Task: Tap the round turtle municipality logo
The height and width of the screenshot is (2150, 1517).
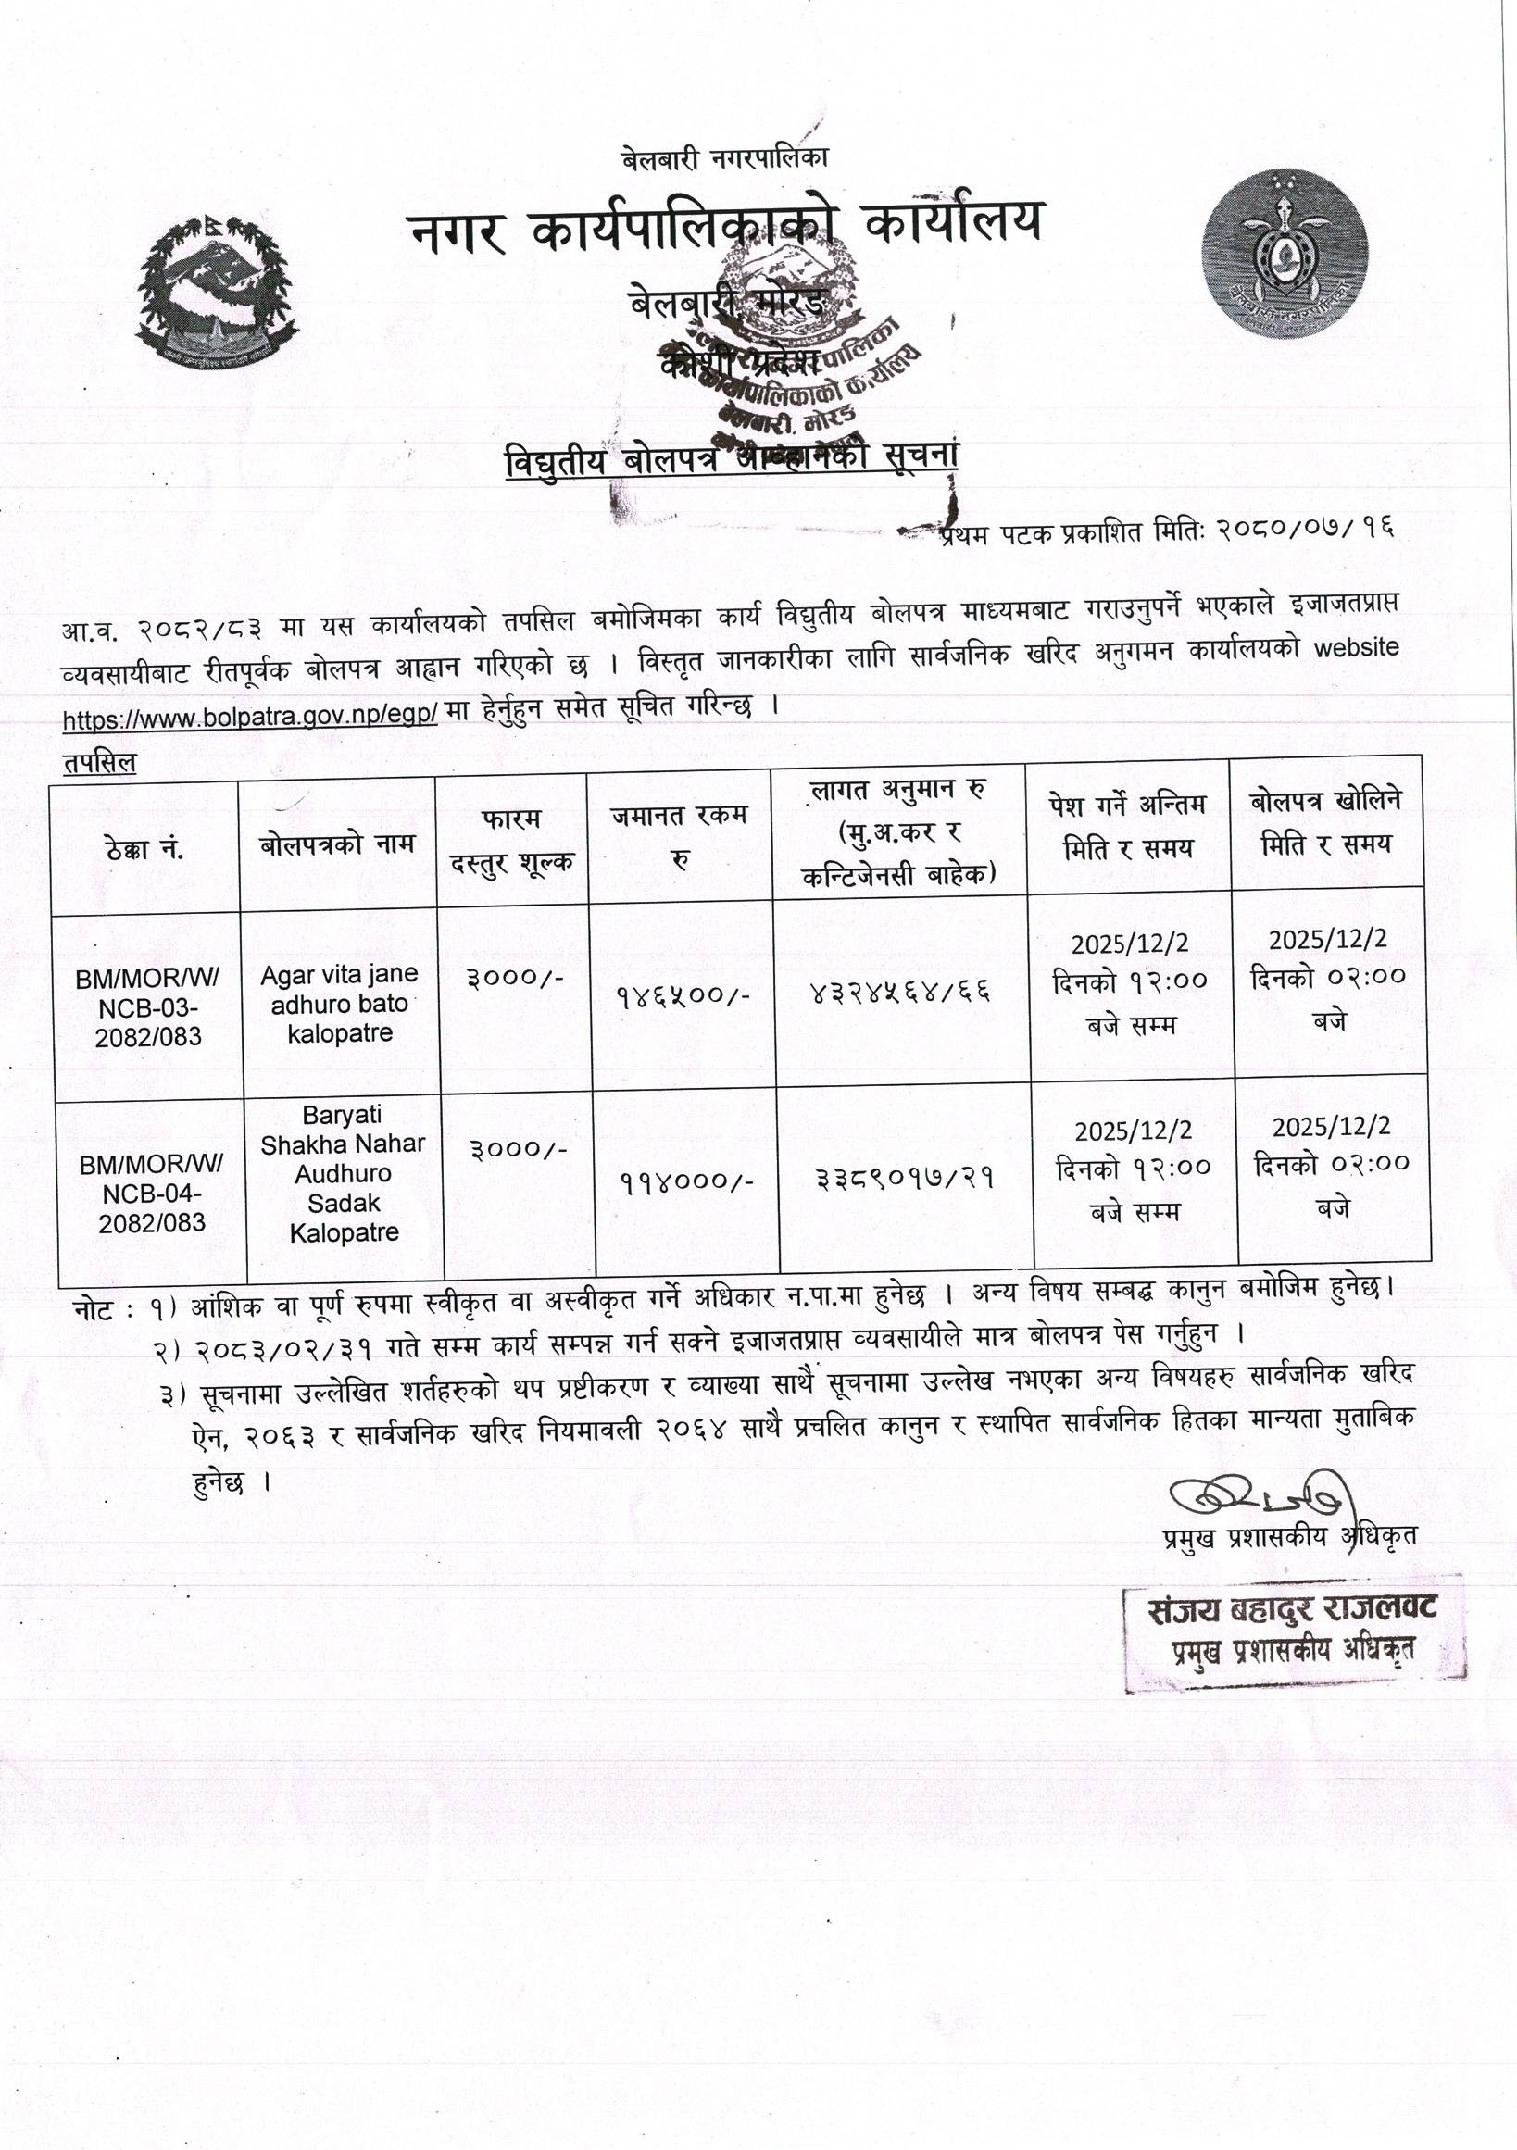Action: pyautogui.click(x=1285, y=254)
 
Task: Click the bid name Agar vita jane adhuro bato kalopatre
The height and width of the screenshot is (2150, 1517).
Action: pyautogui.click(x=339, y=1004)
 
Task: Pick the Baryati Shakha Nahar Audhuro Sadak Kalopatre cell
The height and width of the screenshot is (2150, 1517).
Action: pyautogui.click(x=343, y=1173)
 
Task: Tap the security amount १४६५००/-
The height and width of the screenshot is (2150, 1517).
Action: pyautogui.click(x=683, y=994)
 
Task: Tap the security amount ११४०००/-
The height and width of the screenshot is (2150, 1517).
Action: pyautogui.click(x=687, y=1181)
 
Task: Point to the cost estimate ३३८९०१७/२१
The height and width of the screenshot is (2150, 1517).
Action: pyautogui.click(x=905, y=1176)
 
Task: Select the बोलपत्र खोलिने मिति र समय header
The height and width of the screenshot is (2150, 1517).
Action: pyautogui.click(x=1325, y=822)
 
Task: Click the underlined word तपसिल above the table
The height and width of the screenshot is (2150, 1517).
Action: pyautogui.click(x=99, y=763)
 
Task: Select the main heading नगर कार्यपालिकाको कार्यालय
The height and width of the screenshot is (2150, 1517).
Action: pyautogui.click(x=725, y=226)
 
